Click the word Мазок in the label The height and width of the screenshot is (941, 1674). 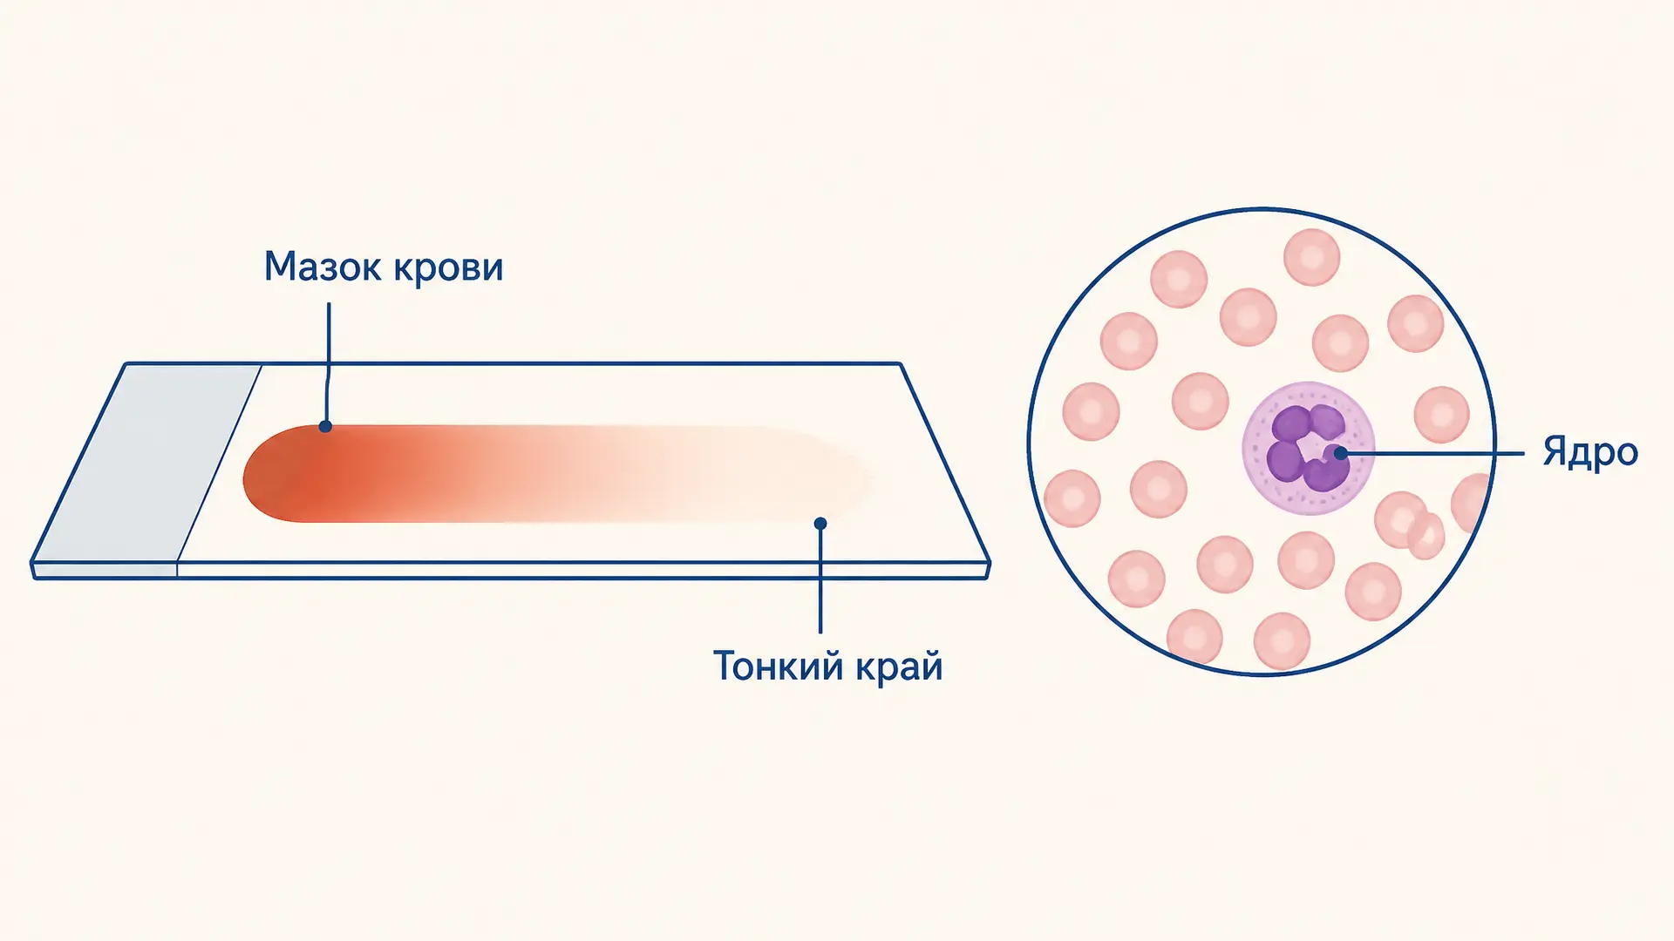tap(323, 267)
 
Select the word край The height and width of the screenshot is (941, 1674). tap(900, 667)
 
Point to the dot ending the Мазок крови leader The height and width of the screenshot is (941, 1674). tap(325, 426)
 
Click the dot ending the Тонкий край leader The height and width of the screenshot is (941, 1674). tap(820, 524)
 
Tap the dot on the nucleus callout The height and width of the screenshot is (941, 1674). tap(1341, 453)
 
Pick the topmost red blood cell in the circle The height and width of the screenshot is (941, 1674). tap(1311, 257)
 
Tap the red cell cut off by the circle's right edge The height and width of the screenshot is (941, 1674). tap(1473, 504)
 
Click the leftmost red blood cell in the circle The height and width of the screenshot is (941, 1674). tap(1072, 498)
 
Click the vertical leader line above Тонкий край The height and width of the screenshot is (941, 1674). tap(820, 578)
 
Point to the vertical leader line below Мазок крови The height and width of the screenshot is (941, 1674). tap(328, 364)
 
